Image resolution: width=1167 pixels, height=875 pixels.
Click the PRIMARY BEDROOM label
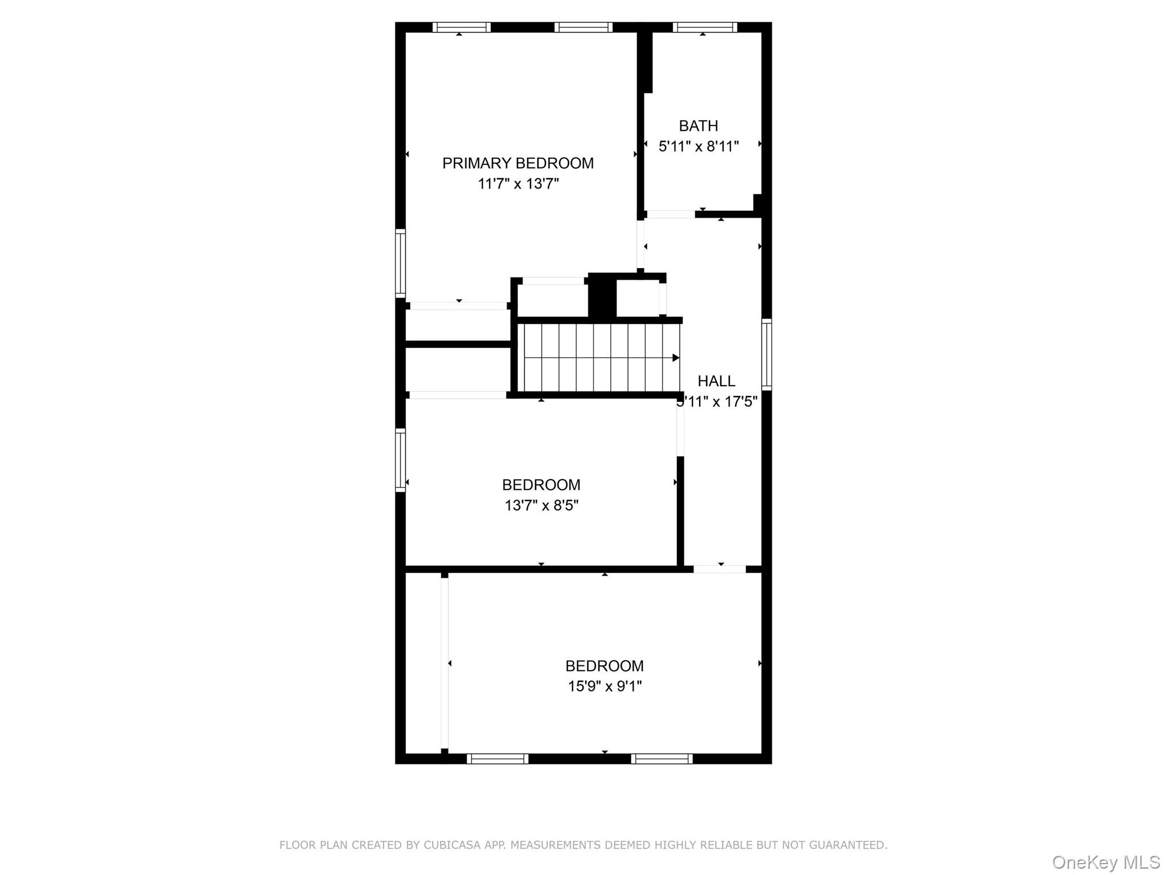pyautogui.click(x=517, y=163)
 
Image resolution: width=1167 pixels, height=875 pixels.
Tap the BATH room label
pyautogui.click(x=698, y=126)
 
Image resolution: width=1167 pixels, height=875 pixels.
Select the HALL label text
pyautogui.click(x=716, y=381)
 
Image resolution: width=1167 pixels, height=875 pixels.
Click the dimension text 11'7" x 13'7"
pyautogui.click(x=518, y=184)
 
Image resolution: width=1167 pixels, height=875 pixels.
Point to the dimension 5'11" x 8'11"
pyautogui.click(x=698, y=146)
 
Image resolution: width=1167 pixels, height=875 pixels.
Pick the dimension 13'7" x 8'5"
pyautogui.click(x=541, y=505)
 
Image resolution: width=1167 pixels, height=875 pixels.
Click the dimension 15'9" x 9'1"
pyautogui.click(x=604, y=686)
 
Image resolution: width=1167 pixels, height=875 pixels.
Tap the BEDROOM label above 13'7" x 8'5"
pyautogui.click(x=541, y=485)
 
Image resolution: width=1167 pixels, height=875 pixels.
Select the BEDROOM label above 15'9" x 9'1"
pyautogui.click(x=604, y=666)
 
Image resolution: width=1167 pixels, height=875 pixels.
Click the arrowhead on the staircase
pyautogui.click(x=676, y=358)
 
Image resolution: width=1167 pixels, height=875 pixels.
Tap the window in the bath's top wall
pyautogui.click(x=704, y=27)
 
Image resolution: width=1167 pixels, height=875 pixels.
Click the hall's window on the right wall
pyautogui.click(x=766, y=354)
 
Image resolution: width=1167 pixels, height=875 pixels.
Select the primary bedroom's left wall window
pyautogui.click(x=401, y=263)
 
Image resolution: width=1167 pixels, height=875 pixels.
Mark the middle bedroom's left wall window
pyautogui.click(x=401, y=460)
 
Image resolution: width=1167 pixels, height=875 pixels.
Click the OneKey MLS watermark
pyautogui.click(x=1105, y=862)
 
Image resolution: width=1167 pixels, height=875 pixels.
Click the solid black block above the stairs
pyautogui.click(x=602, y=296)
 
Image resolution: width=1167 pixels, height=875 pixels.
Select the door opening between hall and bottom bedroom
pyautogui.click(x=719, y=569)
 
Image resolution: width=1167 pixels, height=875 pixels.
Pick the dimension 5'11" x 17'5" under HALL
pyautogui.click(x=717, y=402)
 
